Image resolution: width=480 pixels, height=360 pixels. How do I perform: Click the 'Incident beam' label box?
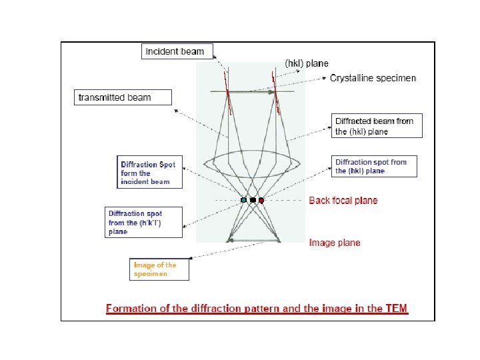click(x=175, y=51)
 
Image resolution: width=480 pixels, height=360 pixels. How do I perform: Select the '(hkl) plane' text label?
click(x=307, y=63)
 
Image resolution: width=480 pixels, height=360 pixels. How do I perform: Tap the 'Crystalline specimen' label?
click(x=373, y=78)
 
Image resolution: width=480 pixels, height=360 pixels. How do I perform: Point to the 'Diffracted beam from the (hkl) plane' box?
click(x=377, y=126)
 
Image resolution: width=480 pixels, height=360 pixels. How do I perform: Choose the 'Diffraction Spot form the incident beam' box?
click(x=149, y=173)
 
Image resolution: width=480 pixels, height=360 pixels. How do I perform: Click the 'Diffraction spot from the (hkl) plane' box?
click(x=374, y=166)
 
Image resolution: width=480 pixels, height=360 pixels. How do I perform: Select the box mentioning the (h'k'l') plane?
click(x=145, y=223)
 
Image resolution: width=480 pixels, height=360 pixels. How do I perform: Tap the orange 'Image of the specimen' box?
click(x=160, y=269)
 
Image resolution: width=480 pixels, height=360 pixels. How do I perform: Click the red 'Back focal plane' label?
click(x=343, y=200)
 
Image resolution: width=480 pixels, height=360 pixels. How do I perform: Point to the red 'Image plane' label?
click(x=335, y=243)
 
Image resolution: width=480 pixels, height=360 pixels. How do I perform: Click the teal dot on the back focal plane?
click(x=244, y=200)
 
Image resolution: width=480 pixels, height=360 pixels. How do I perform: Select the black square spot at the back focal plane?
click(x=253, y=200)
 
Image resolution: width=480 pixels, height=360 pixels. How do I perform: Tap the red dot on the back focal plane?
click(x=261, y=200)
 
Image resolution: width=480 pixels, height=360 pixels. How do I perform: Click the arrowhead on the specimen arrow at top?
click(x=273, y=92)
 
